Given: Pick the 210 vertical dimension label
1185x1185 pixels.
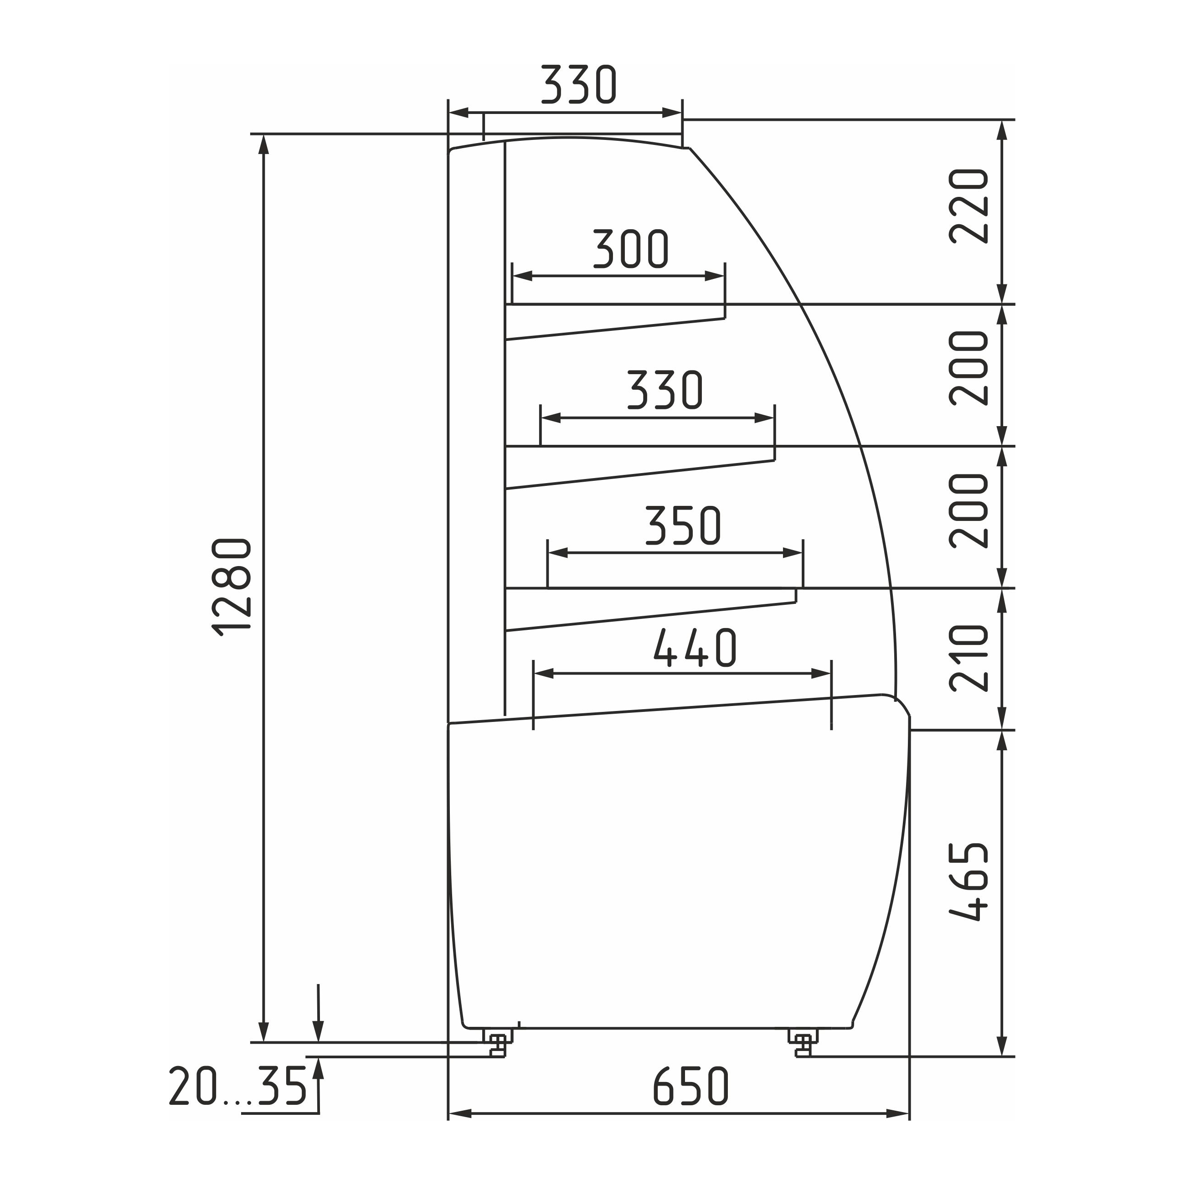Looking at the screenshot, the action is [969, 658].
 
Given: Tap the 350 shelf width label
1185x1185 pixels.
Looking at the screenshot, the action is [683, 525].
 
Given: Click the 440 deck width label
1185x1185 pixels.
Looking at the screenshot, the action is [695, 647].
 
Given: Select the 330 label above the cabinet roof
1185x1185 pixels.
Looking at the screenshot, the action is [578, 83].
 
